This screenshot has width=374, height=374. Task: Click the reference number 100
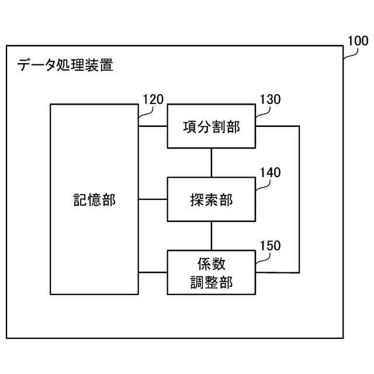(358, 41)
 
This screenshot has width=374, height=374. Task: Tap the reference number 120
(153, 99)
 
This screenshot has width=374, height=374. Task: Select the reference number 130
(270, 99)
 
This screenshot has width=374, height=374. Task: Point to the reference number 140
(270, 172)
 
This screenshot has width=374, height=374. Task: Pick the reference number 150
(270, 245)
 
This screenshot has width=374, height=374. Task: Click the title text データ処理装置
(65, 65)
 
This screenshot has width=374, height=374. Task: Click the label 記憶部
(94, 200)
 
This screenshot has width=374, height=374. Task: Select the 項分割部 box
(212, 126)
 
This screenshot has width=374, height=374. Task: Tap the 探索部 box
(212, 199)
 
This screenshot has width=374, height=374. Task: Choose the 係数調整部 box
(212, 272)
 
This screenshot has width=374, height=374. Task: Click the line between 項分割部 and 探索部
(212, 163)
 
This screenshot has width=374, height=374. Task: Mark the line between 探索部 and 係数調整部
(212, 236)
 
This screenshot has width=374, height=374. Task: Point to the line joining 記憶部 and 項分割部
(153, 126)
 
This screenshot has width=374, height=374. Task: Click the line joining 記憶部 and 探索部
(153, 199)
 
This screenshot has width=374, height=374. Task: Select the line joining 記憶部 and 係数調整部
(153, 272)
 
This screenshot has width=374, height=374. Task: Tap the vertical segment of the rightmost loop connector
(300, 199)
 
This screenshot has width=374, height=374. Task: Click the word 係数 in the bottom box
(212, 264)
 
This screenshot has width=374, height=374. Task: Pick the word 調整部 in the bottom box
(212, 282)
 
